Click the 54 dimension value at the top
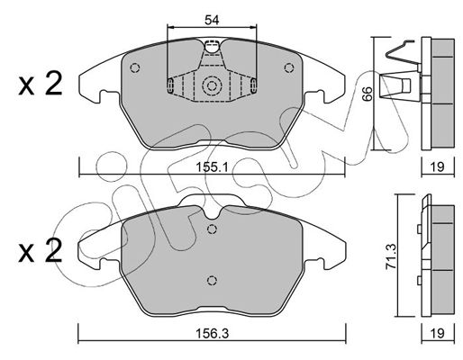[212, 20]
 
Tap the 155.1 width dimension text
[212, 166]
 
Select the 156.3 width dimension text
[212, 333]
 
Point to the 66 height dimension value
[367, 94]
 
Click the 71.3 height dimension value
[392, 256]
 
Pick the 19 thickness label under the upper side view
[438, 166]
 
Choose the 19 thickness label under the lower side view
[438, 333]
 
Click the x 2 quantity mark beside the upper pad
[41, 84]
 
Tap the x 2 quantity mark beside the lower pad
[41, 250]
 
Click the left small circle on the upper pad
[135, 67]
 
